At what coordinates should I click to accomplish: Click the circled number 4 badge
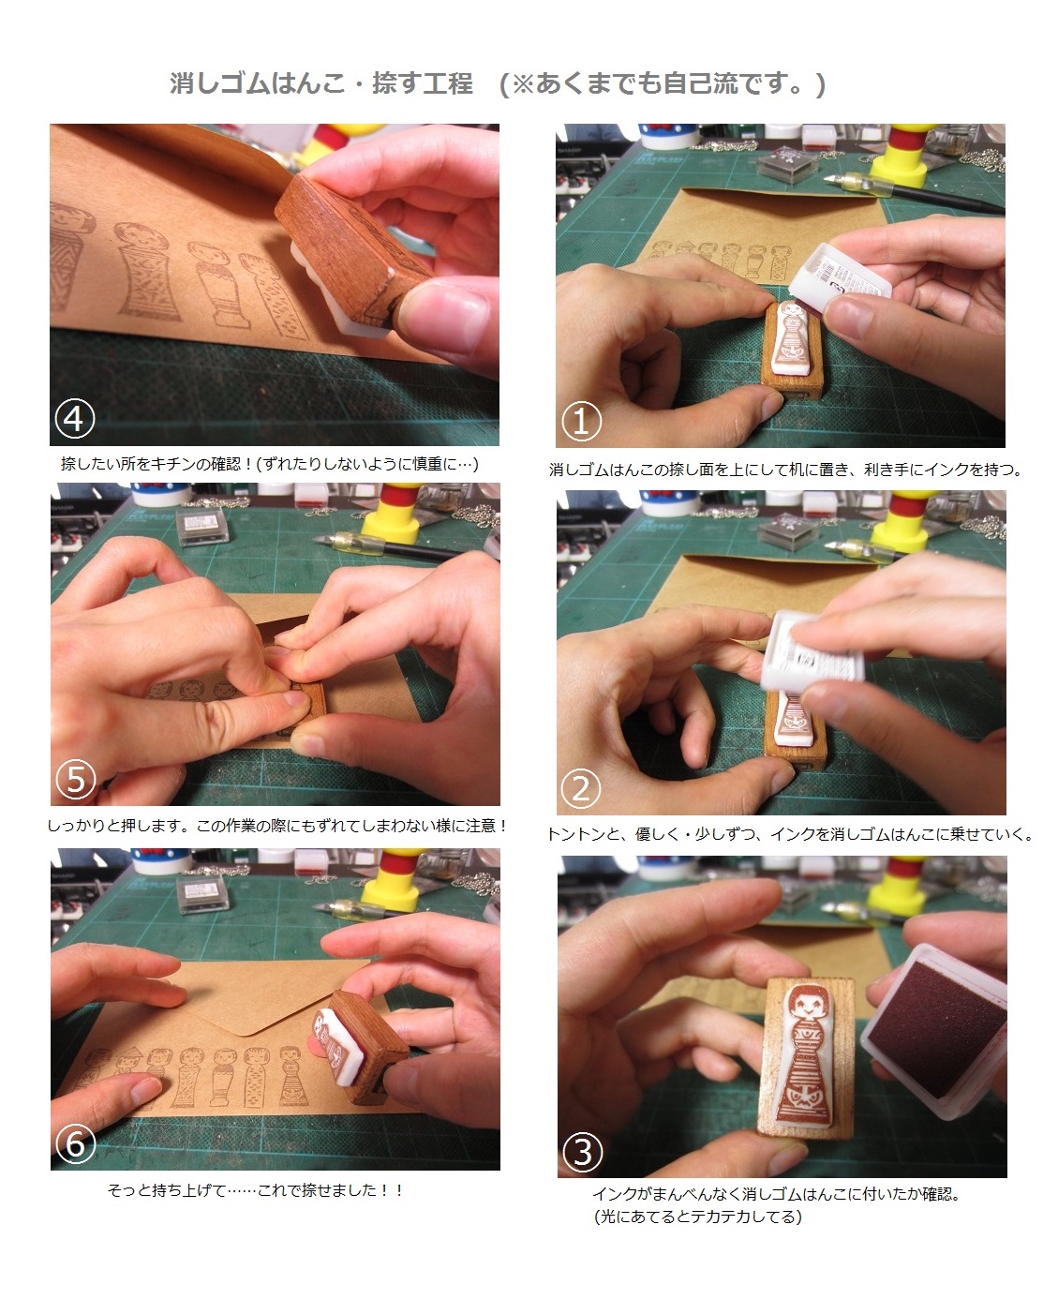[74, 419]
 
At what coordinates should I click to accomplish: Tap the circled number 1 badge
[581, 421]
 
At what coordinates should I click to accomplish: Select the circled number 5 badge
[76, 779]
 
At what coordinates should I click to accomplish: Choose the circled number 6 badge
[76, 1143]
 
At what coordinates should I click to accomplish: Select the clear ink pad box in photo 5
[202, 526]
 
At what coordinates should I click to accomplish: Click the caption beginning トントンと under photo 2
[790, 834]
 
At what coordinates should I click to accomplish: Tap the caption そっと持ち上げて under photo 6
[255, 1190]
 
